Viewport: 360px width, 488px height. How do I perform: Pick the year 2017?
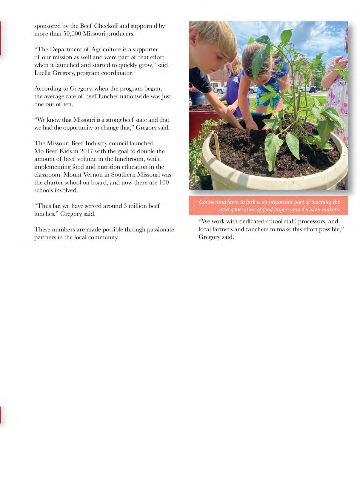point(87,151)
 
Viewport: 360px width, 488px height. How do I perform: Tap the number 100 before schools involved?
point(164,182)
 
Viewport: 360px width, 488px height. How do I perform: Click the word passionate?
point(157,229)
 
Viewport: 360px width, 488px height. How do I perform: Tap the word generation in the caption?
point(243,209)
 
